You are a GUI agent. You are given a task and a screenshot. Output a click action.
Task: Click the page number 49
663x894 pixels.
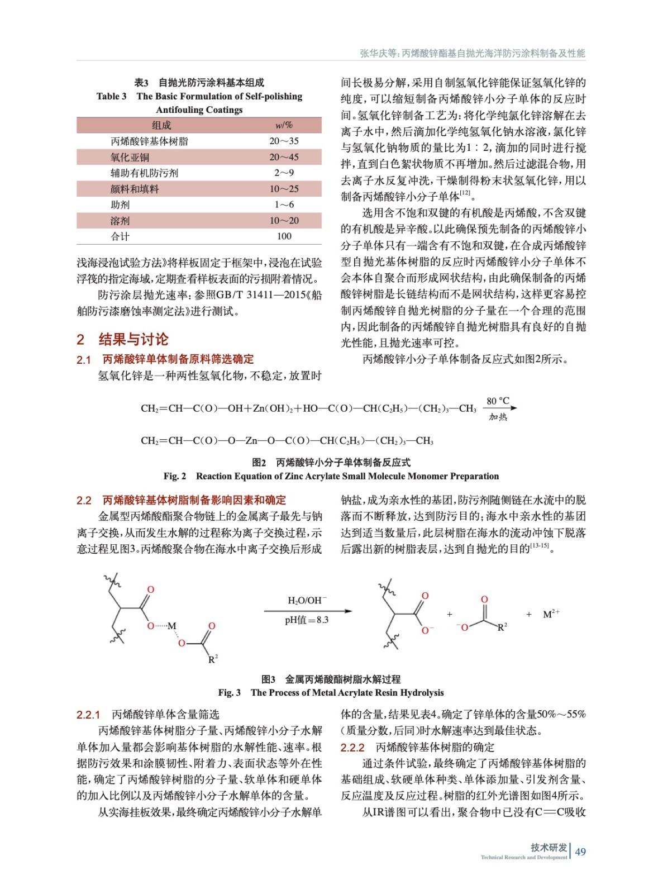(580, 852)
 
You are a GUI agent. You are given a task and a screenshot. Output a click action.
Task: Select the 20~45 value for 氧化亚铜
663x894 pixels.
(284, 157)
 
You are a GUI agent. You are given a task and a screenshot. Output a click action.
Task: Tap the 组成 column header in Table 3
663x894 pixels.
(161, 125)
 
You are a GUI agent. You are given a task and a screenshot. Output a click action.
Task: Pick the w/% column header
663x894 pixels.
(284, 125)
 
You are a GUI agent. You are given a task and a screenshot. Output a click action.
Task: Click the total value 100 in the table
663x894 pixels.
(284, 236)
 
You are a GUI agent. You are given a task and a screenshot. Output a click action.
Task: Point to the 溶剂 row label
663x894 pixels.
(120, 221)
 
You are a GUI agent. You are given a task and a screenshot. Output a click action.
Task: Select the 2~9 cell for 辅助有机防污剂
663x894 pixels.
(284, 173)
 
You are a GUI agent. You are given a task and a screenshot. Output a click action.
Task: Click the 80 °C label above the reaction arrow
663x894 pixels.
(498, 401)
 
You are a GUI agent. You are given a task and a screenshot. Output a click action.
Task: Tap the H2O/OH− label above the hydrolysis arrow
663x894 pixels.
(307, 601)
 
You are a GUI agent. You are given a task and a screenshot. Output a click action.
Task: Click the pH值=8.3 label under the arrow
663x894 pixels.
(307, 620)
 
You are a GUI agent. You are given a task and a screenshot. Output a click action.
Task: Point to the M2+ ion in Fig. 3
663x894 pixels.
(551, 614)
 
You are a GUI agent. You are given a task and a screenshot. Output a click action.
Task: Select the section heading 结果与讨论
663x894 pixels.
(133, 339)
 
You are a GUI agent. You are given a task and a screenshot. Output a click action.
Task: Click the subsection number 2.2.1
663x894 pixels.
(88, 715)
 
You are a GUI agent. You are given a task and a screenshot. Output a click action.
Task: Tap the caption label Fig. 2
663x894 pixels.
(174, 476)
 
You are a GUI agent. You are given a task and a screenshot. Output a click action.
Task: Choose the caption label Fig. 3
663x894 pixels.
(229, 693)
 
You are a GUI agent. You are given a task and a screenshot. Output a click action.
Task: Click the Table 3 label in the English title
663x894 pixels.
(111, 96)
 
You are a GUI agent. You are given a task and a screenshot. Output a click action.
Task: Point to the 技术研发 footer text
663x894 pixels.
(548, 848)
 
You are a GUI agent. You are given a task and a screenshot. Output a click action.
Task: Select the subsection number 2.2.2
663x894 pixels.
(352, 748)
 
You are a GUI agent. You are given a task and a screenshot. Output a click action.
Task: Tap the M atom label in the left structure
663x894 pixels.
(172, 626)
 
